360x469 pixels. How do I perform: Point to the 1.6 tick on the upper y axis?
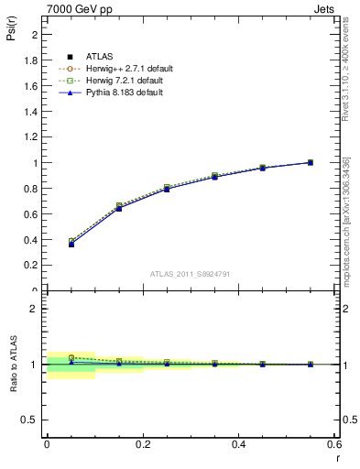pyautogui.click(x=30, y=86)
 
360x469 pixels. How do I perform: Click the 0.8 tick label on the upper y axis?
pyautogui.click(x=30, y=189)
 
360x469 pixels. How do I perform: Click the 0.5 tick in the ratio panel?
pyautogui.click(x=30, y=420)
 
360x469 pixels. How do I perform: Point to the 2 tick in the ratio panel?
pyautogui.click(x=33, y=309)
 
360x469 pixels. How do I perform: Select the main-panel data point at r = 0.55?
pyautogui.click(x=311, y=163)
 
